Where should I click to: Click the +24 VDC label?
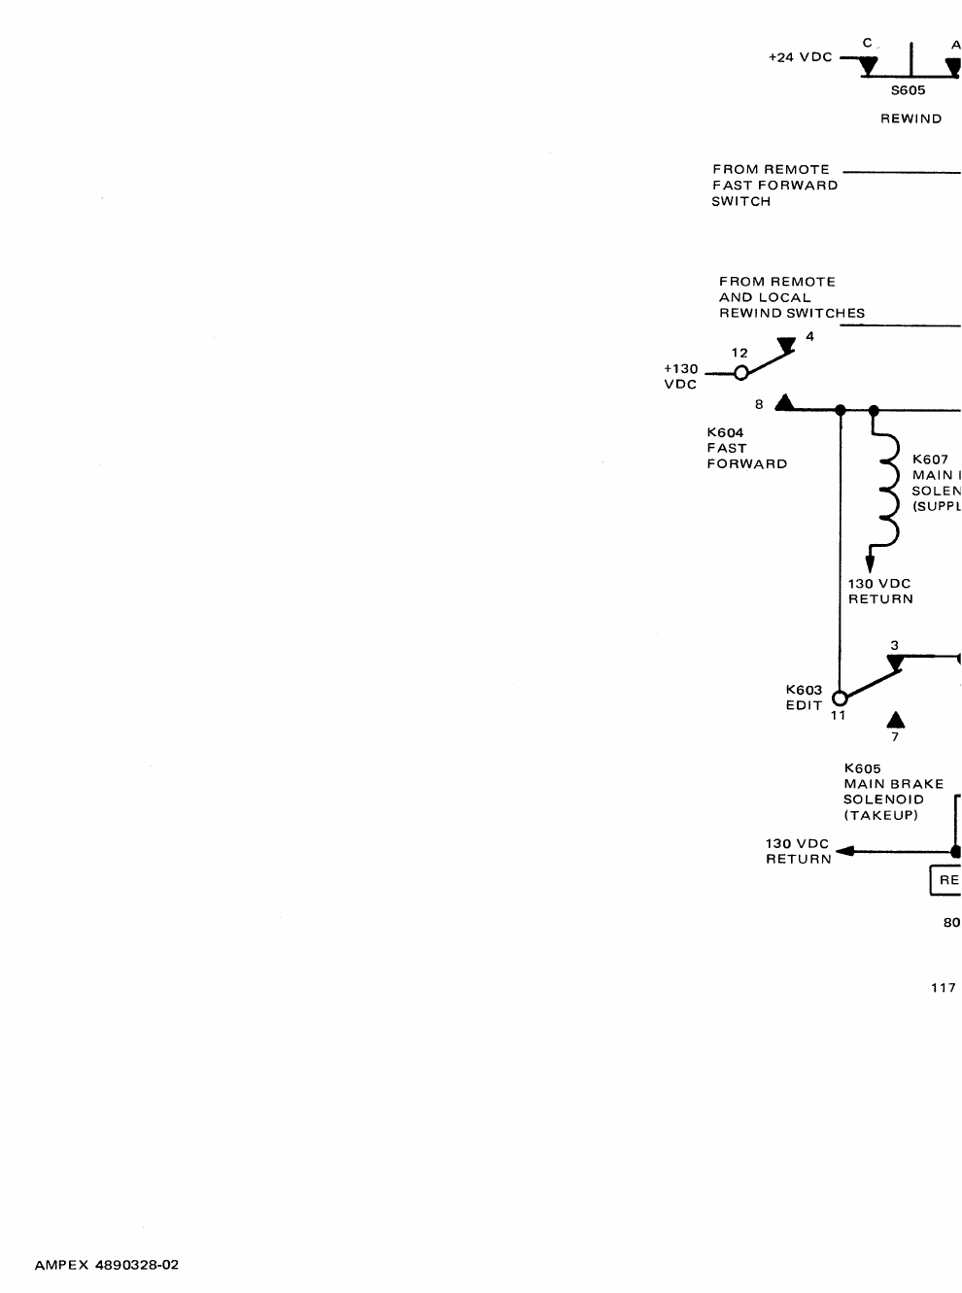click(800, 57)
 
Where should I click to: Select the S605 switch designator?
click(909, 90)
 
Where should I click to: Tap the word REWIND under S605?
click(910, 119)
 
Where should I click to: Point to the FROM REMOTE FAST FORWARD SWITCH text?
click(774, 185)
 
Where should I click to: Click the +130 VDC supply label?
click(680, 377)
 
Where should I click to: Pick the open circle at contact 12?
click(739, 373)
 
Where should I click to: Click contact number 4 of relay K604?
click(809, 336)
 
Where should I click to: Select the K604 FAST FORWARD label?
click(746, 448)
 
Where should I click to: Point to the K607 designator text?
click(930, 459)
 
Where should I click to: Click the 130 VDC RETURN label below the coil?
click(880, 592)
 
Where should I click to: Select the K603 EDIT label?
click(804, 698)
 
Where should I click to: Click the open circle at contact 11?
click(841, 698)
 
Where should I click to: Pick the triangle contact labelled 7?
click(896, 720)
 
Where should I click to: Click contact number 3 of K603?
click(894, 645)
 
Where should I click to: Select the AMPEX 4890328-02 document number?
click(107, 1265)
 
